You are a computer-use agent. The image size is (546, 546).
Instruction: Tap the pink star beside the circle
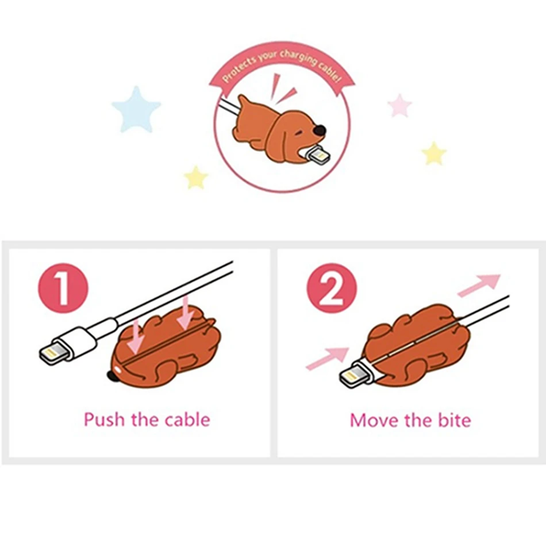pyautogui.click(x=399, y=106)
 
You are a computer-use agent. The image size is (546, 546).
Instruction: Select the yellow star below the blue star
pyautogui.click(x=195, y=178)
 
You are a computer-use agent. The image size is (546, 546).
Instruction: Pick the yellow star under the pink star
pyautogui.click(x=433, y=153)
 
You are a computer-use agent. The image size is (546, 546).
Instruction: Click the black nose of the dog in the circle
pyautogui.click(x=319, y=130)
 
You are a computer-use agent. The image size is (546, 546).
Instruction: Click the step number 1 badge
pyautogui.click(x=63, y=288)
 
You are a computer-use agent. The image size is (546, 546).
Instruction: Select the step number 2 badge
pyautogui.click(x=332, y=288)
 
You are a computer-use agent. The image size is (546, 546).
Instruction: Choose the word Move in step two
pyautogui.click(x=374, y=420)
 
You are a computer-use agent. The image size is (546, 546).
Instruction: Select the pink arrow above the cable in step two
pyautogui.click(x=479, y=285)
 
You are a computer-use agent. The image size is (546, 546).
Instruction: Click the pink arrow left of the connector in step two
pyautogui.click(x=328, y=358)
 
